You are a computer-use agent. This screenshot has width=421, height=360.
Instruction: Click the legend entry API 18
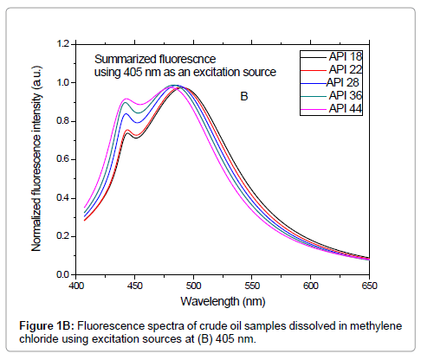[344, 55]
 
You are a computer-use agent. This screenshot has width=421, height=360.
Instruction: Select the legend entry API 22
[344, 69]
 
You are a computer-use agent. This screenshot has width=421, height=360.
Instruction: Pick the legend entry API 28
[344, 82]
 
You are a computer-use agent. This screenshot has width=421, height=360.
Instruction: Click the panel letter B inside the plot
[244, 97]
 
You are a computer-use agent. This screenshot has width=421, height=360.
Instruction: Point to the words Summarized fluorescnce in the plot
[157, 59]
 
